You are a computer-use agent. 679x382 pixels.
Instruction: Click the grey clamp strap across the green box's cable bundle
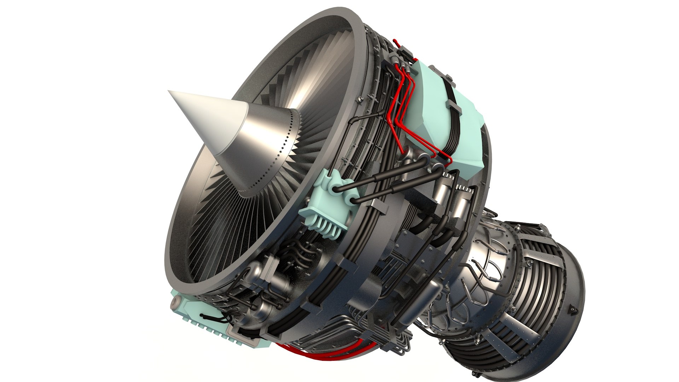click(x=453, y=105)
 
